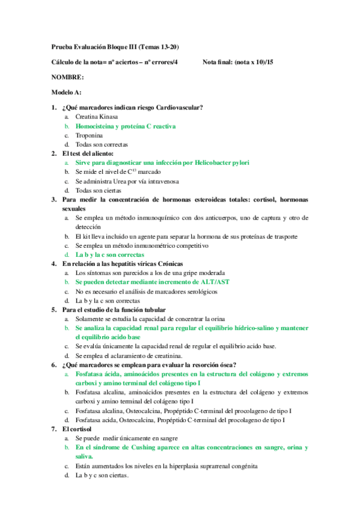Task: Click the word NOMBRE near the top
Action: pos(67,78)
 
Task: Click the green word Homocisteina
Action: pos(96,126)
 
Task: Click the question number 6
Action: pos(54,364)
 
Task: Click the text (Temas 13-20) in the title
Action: pos(159,47)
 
